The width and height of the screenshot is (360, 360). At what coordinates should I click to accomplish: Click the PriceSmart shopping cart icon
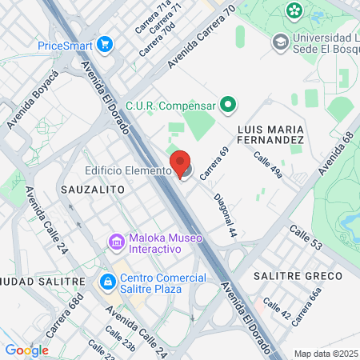pyautogui.click(x=105, y=46)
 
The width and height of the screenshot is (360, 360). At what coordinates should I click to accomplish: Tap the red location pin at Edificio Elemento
pyautogui.click(x=182, y=163)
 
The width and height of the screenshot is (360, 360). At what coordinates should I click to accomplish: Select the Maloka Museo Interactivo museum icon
pyautogui.click(x=117, y=241)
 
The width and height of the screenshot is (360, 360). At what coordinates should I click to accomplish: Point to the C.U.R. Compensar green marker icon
pyautogui.click(x=228, y=105)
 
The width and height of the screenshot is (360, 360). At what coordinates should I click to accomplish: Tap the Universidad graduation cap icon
pyautogui.click(x=281, y=41)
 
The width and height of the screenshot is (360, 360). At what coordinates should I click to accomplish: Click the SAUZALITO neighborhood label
pyautogui.click(x=92, y=190)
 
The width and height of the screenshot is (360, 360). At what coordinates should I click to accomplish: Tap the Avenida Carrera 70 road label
pyautogui.click(x=203, y=38)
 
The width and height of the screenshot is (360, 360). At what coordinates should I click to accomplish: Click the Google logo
pyautogui.click(x=26, y=350)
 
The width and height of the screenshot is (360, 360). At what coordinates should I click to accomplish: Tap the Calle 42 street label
pyautogui.click(x=277, y=310)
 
